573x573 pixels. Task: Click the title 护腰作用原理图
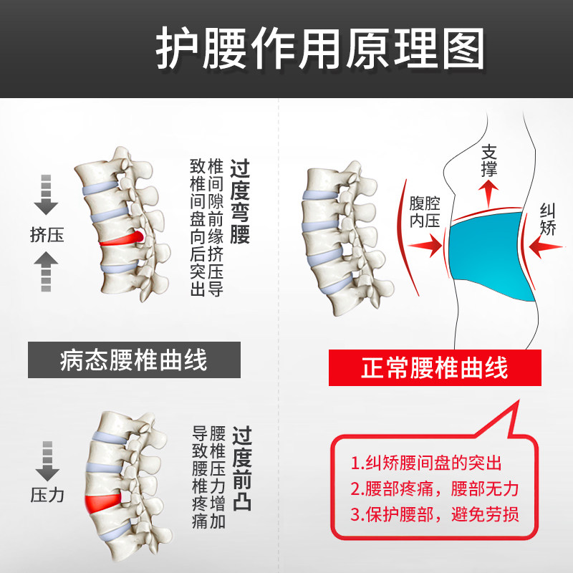coord(320,48)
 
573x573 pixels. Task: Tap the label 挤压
coord(47,235)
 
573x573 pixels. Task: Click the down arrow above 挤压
coord(46,195)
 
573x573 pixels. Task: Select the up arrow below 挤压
coord(46,271)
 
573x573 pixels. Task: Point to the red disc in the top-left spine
coord(122,239)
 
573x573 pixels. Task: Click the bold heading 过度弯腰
coord(240,201)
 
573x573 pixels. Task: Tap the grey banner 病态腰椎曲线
coord(134,360)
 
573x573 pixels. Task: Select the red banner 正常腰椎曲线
coord(435,367)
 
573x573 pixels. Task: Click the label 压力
coord(47,495)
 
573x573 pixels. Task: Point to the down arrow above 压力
coord(47,461)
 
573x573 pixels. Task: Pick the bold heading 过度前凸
coord(242,468)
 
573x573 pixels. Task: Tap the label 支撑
coord(489,160)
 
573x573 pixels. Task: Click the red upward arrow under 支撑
coord(489,194)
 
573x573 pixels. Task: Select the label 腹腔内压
coord(425,212)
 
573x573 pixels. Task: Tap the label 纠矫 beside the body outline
coord(548,219)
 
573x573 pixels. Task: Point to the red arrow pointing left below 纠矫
coord(546,247)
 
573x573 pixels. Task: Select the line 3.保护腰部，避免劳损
coord(435,514)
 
